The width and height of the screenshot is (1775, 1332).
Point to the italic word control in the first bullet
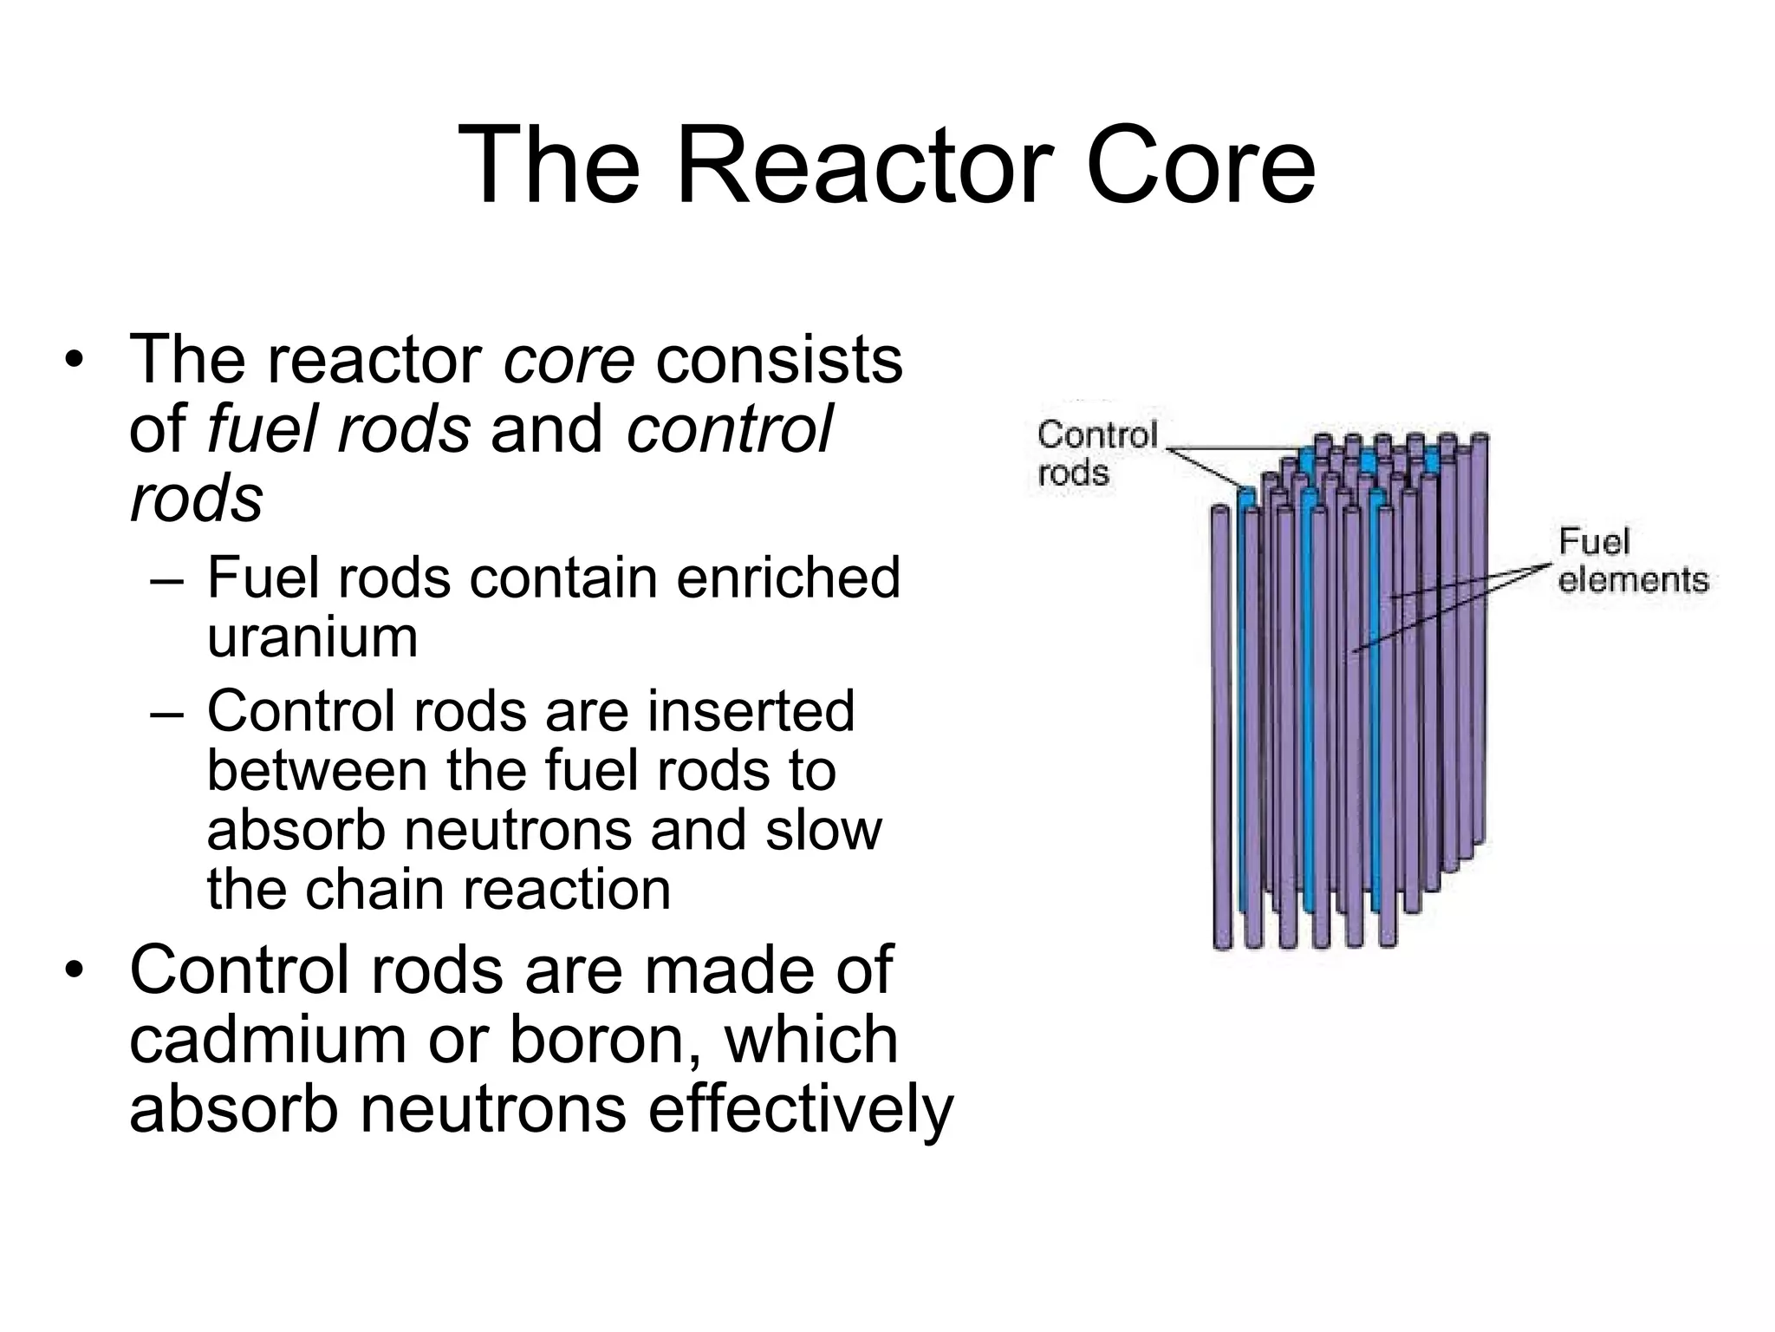coord(729,428)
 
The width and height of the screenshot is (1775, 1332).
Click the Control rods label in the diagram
coord(1096,454)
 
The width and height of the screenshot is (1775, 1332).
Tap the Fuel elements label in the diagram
coord(1632,561)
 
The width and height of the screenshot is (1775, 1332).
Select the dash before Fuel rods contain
coord(166,579)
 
